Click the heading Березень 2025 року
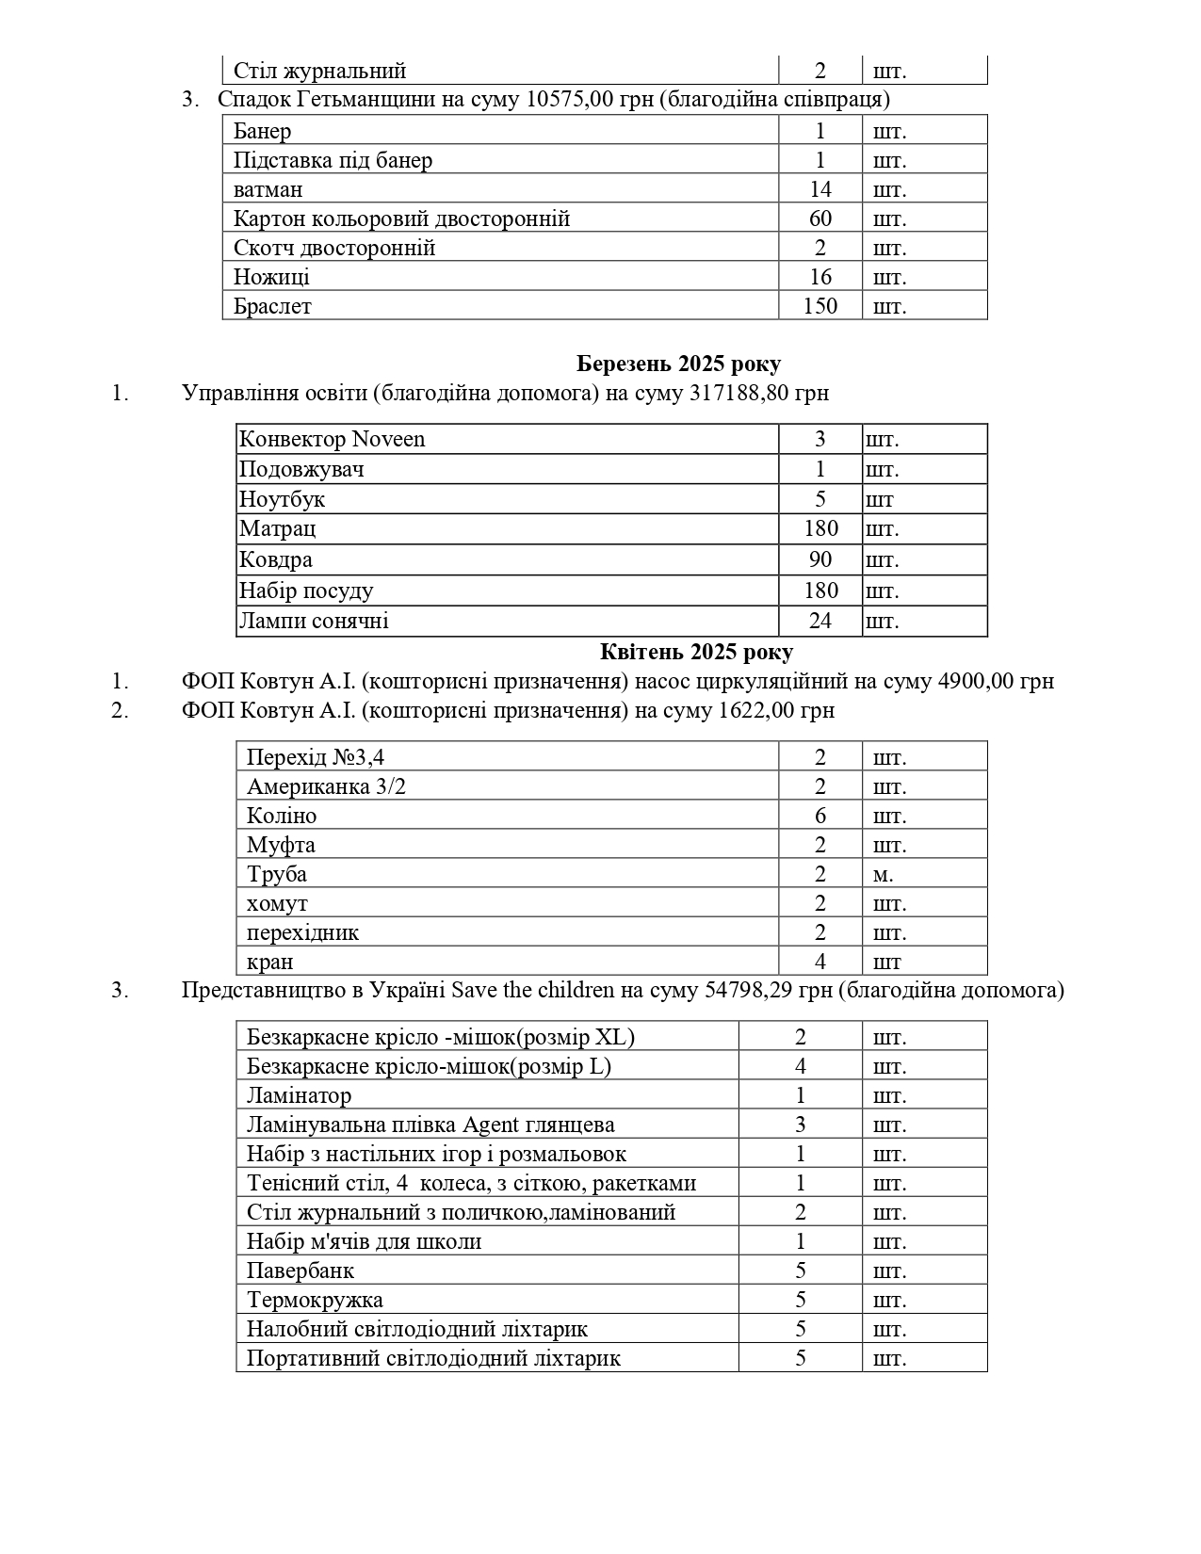[x=678, y=364]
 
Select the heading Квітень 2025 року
[x=696, y=652]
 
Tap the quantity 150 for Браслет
[x=820, y=306]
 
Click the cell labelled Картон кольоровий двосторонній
[x=402, y=219]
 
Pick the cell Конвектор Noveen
[x=333, y=439]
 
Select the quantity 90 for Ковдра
[x=820, y=559]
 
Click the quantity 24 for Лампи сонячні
[x=820, y=621]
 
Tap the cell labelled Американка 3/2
[x=326, y=786]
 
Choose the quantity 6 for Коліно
[x=820, y=816]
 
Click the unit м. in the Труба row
[x=883, y=874]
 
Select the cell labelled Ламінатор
[x=300, y=1095]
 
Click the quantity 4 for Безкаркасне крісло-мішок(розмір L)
[x=800, y=1066]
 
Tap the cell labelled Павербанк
[x=300, y=1271]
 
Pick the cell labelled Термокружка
[x=315, y=1300]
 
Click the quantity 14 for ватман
[x=820, y=189]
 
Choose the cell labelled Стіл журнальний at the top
[x=320, y=71]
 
